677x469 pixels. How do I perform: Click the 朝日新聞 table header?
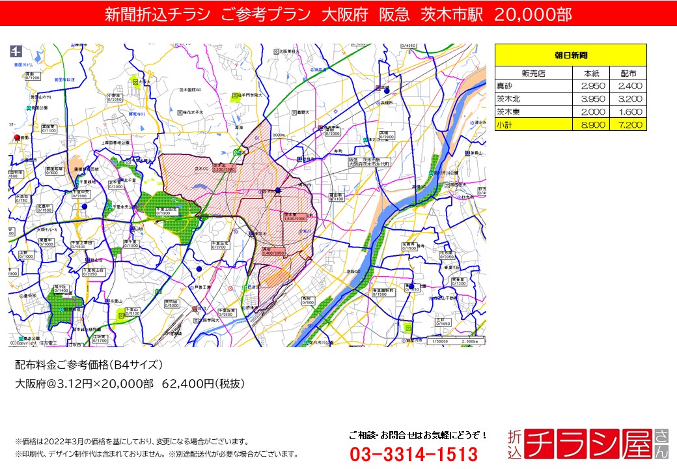570,55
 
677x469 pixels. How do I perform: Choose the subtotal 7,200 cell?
628,124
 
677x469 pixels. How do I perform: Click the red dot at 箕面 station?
17,137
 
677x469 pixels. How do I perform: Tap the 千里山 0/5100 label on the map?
131,311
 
